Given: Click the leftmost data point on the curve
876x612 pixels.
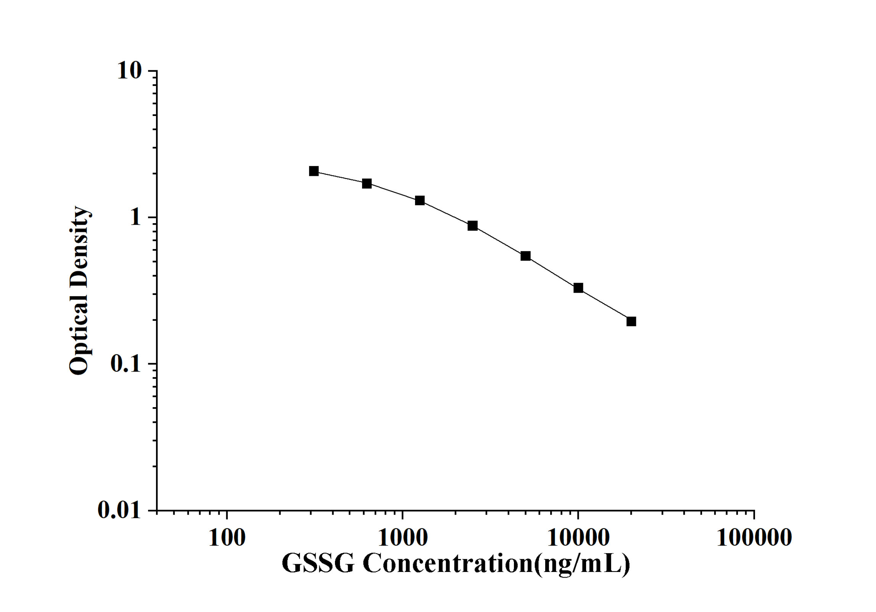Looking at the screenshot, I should point(314,171).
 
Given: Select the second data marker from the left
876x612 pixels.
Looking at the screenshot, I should point(367,184).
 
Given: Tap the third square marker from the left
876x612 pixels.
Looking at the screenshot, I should point(420,200).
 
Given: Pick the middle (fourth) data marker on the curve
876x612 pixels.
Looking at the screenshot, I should point(472,225).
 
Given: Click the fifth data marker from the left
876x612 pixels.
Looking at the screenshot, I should point(525,256).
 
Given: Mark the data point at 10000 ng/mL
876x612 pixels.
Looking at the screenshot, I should point(578,288).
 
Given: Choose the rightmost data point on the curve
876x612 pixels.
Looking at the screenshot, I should point(631,321).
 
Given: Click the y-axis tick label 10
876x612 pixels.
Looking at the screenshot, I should point(129,71).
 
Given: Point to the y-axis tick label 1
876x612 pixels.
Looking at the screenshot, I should point(135,217).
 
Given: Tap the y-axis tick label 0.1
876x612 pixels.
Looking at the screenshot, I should point(126,364).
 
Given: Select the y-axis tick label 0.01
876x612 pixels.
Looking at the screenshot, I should point(119,510).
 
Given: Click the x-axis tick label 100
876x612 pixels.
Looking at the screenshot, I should point(227,538).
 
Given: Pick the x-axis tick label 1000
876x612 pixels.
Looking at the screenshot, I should point(403,538).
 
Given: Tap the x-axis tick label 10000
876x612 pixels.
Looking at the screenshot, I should point(578,538).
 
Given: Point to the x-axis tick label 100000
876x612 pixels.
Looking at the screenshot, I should point(754,538).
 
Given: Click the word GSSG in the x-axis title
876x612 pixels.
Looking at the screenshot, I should point(318,564).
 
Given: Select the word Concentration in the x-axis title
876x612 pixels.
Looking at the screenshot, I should point(447,564).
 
